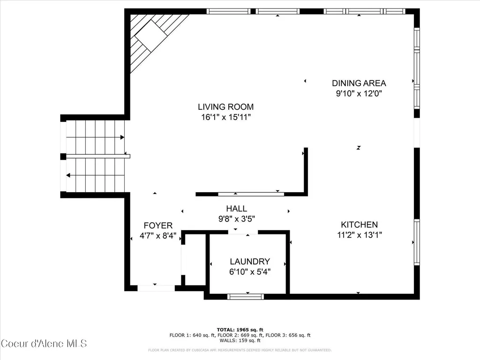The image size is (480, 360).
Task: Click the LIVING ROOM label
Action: click(x=225, y=107)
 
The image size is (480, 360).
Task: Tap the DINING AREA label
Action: click(x=359, y=83)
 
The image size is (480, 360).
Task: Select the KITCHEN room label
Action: click(x=360, y=225)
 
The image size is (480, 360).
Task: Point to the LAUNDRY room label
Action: click(x=250, y=262)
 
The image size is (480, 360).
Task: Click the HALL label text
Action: click(x=237, y=209)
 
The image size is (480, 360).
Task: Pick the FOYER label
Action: click(x=158, y=225)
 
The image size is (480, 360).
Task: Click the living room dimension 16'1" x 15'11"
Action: click(x=226, y=117)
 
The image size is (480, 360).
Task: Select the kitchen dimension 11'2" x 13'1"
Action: click(x=360, y=235)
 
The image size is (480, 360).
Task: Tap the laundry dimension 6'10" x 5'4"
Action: click(x=250, y=271)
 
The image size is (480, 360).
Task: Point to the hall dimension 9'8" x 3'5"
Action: click(x=237, y=219)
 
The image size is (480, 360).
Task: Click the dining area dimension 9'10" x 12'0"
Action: click(x=359, y=93)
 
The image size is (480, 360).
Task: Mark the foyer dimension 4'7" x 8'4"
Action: click(x=158, y=236)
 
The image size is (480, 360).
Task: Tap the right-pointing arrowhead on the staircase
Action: click(x=122, y=137)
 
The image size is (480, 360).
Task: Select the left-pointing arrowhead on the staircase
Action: click(x=68, y=175)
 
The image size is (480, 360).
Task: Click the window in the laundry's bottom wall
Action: click(x=246, y=296)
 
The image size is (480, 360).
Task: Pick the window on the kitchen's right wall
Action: click(x=417, y=242)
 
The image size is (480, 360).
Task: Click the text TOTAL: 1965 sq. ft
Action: click(x=240, y=330)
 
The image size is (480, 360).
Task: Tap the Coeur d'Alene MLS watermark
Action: click(x=44, y=344)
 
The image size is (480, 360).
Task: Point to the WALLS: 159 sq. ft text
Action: click(x=240, y=340)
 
